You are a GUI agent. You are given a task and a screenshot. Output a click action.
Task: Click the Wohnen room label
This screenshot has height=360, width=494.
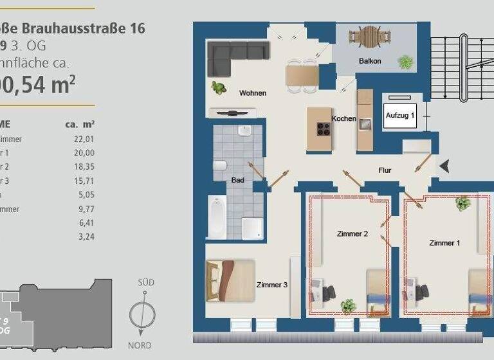[252, 93]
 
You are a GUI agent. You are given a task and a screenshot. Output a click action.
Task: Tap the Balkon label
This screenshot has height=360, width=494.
[370, 61]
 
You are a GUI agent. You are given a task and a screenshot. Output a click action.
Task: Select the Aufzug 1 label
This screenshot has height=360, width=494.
[399, 114]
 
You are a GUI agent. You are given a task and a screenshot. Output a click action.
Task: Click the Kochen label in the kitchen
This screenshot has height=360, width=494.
[344, 118]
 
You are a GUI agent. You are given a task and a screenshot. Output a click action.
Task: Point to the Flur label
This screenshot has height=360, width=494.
[385, 170]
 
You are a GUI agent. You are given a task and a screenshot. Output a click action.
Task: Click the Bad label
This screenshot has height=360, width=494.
[237, 180]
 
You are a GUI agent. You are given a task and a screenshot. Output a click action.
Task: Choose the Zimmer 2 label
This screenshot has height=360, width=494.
[352, 234]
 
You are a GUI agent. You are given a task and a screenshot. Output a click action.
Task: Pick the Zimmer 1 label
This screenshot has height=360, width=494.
[444, 243]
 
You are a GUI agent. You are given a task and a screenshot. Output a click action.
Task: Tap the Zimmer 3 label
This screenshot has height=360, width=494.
[271, 285]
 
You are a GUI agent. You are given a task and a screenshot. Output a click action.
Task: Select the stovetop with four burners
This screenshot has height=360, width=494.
[324, 129]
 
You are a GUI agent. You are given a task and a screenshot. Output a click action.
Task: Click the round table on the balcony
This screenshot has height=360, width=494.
[370, 36]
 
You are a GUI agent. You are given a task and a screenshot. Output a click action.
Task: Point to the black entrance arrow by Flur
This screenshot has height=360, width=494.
[445, 167]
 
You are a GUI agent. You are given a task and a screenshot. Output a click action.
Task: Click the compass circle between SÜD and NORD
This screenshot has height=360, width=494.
[142, 314]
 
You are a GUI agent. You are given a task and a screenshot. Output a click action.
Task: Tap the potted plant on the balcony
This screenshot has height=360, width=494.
[405, 62]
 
